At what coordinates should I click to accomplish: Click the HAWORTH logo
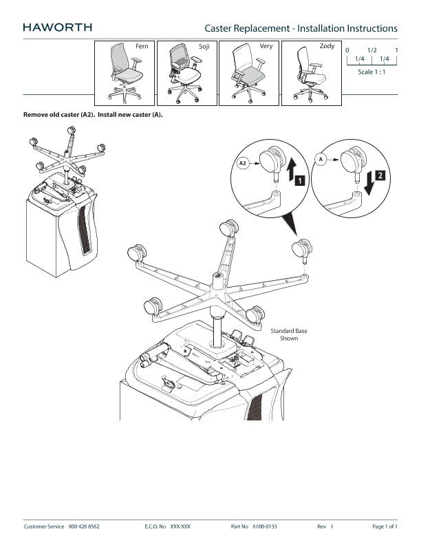point(57,28)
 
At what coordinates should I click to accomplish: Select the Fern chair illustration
point(125,74)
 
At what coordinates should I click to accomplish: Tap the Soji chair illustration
point(185,74)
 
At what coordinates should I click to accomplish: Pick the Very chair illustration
point(248,74)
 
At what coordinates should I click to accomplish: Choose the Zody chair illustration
point(310,74)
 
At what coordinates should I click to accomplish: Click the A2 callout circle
point(243,163)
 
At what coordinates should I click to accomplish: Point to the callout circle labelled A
point(321,160)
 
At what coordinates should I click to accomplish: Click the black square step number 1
point(299,180)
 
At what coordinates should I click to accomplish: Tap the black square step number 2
point(380,175)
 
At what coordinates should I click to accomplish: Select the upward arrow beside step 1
point(292,169)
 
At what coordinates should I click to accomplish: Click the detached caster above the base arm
point(302,251)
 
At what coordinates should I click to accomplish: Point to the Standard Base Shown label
point(289,334)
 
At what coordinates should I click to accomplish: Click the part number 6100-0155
point(265,526)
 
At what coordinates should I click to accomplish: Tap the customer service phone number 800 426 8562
point(84,526)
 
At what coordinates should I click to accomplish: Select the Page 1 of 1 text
point(385,526)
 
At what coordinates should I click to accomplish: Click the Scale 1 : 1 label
point(371,72)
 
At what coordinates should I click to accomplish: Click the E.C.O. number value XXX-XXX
point(180,526)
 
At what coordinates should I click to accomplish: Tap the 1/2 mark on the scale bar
point(371,50)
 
